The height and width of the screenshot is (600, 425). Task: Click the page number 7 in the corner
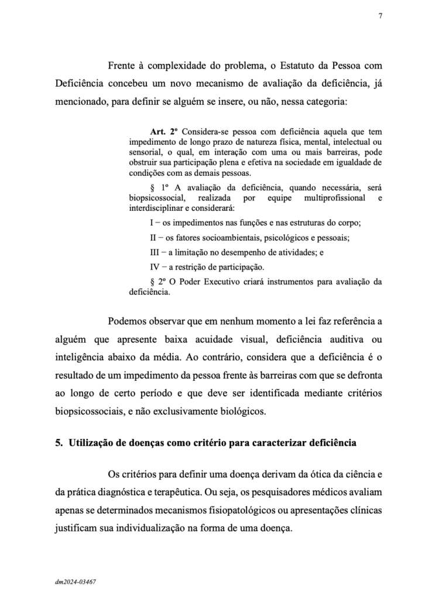click(x=381, y=16)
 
